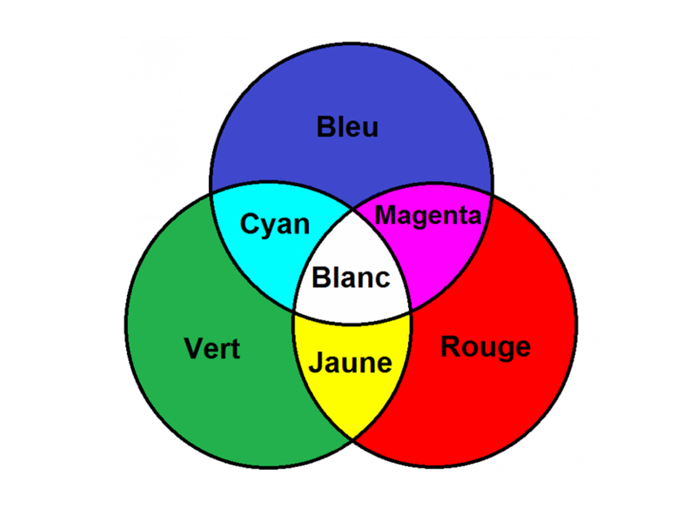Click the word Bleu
347,128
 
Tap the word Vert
212,349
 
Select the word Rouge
485,346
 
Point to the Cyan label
275,224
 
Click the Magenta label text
427,215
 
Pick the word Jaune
351,362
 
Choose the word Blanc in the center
351,278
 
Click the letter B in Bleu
325,128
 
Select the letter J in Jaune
316,362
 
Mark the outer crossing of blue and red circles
492,195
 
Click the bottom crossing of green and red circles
352,440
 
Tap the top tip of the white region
352,207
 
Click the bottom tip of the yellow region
352,438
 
